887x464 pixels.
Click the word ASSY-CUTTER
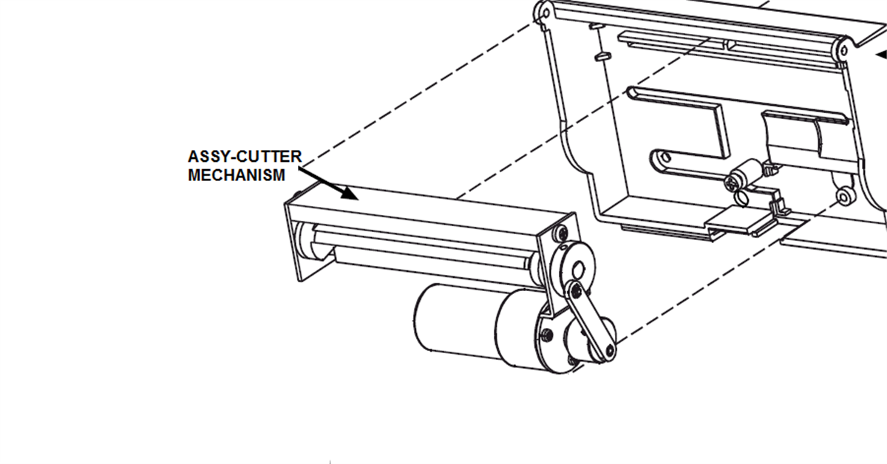tap(245, 157)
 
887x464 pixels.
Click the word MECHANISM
tap(237, 175)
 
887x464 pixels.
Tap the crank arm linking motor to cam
tap(591, 320)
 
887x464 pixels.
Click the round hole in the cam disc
tap(578, 270)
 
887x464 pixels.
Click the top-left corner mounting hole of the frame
tap(545, 14)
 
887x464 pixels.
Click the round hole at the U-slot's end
tap(666, 157)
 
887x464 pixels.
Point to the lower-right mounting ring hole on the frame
tap(844, 197)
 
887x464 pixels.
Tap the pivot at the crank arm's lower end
tap(609, 350)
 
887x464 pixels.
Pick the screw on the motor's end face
tap(547, 334)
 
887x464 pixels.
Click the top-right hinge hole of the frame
tap(843, 51)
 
